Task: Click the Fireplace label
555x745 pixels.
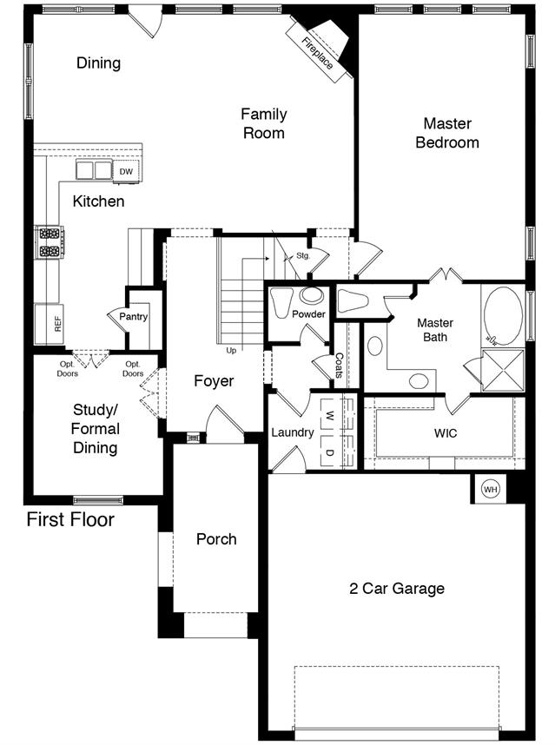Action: click(317, 54)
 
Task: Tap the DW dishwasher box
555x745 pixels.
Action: click(126, 172)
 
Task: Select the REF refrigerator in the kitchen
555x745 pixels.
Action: click(49, 324)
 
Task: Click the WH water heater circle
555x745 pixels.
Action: click(490, 489)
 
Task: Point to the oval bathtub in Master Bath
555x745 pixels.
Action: click(503, 315)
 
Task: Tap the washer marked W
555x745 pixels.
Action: click(330, 416)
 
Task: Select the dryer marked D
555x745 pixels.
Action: click(330, 452)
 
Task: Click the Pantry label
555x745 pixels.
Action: click(133, 316)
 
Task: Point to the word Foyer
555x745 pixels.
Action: click(214, 381)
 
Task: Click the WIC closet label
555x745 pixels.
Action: click(446, 433)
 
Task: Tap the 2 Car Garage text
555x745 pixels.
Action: click(397, 589)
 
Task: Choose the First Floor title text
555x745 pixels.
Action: click(70, 519)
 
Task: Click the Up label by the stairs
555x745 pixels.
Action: click(231, 351)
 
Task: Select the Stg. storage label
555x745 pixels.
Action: click(303, 255)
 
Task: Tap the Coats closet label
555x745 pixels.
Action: click(340, 366)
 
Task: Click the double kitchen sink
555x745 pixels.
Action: click(94, 169)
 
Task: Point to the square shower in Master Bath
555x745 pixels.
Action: click(503, 370)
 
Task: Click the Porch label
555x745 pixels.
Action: click(216, 539)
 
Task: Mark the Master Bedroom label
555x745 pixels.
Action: click(447, 133)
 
